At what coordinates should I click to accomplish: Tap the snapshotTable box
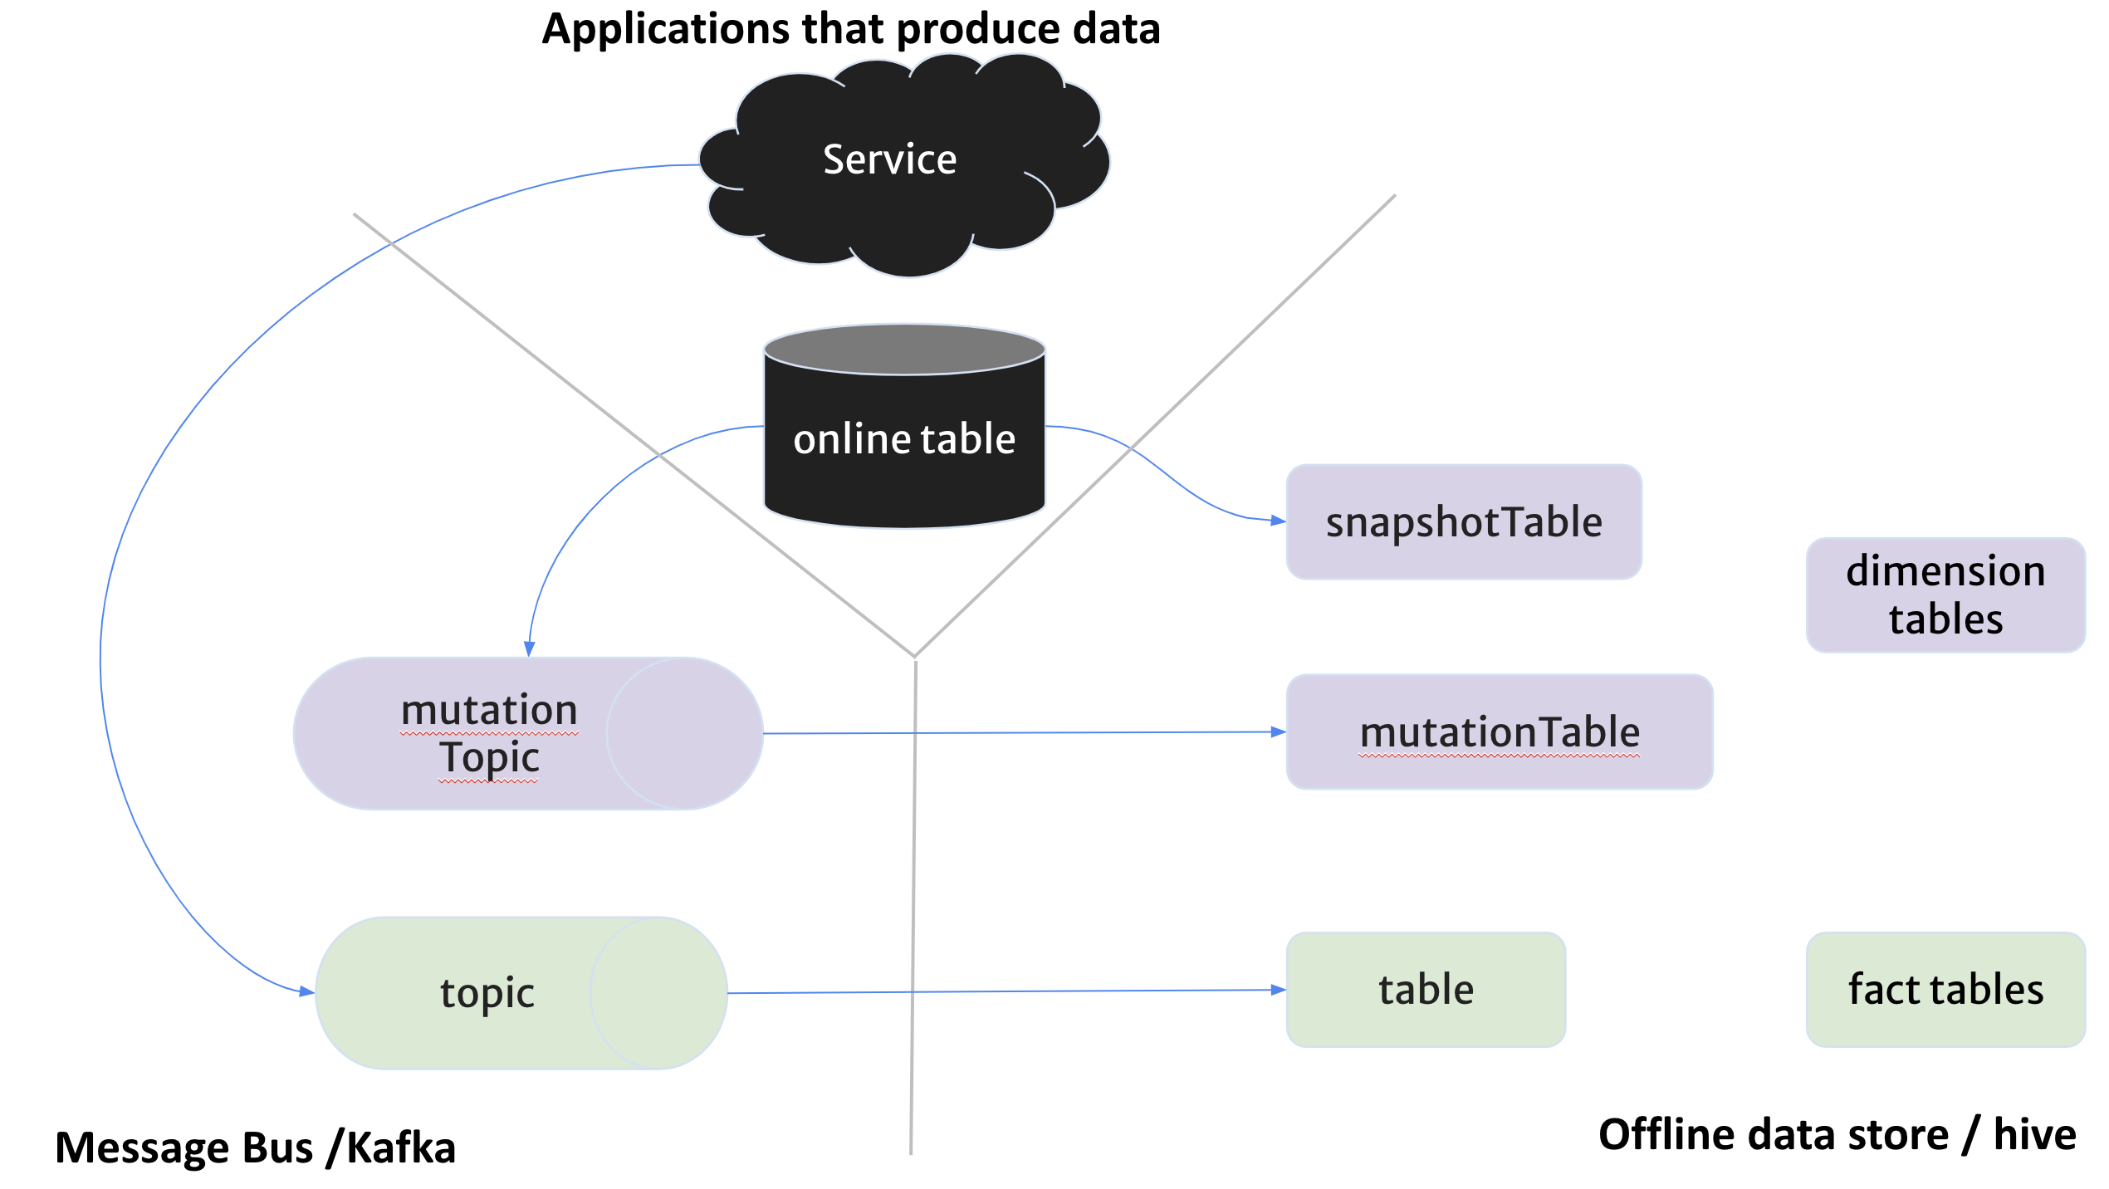click(1463, 521)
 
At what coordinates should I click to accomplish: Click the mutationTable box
click(1499, 732)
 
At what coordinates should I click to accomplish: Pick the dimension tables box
click(1945, 594)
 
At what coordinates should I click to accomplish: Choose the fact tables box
click(1945, 989)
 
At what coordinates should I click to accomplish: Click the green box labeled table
click(1426, 989)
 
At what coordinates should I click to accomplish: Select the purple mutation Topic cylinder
click(498, 733)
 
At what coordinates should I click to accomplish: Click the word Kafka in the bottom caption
click(400, 1147)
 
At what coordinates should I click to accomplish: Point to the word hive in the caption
click(2034, 1134)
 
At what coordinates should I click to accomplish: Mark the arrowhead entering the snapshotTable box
click(1280, 521)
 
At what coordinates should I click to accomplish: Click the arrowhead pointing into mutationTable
click(1280, 732)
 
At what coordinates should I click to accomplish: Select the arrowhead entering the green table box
click(1280, 990)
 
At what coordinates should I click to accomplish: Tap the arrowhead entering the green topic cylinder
click(307, 991)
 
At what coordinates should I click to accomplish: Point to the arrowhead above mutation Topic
click(529, 649)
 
